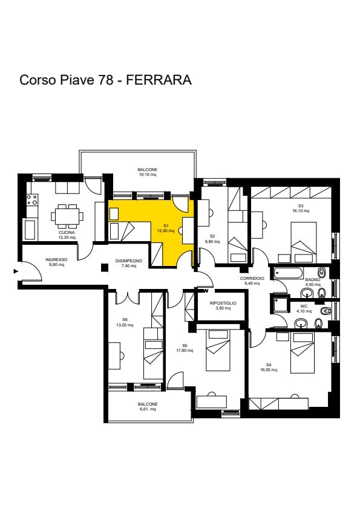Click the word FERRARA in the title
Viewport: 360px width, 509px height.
point(159,80)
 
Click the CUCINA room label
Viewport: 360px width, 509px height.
point(67,232)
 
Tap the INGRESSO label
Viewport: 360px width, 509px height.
point(56,260)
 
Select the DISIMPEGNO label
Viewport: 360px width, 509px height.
point(129,261)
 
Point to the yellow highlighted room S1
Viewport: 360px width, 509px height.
point(166,228)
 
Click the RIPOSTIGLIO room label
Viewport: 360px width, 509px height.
point(223,303)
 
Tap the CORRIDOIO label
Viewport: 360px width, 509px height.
point(252,279)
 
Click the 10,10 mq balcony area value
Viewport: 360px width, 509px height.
point(148,175)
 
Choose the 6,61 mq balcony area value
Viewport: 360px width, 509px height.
point(148,409)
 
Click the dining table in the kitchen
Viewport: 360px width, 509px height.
point(67,216)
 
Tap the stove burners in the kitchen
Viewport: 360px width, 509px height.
point(32,199)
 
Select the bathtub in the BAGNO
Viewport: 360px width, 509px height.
point(289,273)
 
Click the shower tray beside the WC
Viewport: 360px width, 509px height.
point(280,303)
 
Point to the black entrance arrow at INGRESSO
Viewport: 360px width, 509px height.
point(16,271)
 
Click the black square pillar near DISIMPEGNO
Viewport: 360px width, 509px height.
point(104,267)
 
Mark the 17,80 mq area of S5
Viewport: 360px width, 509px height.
point(185,351)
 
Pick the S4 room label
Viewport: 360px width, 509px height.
point(269,365)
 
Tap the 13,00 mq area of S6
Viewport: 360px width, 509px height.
point(125,325)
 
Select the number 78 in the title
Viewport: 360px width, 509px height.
point(106,80)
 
